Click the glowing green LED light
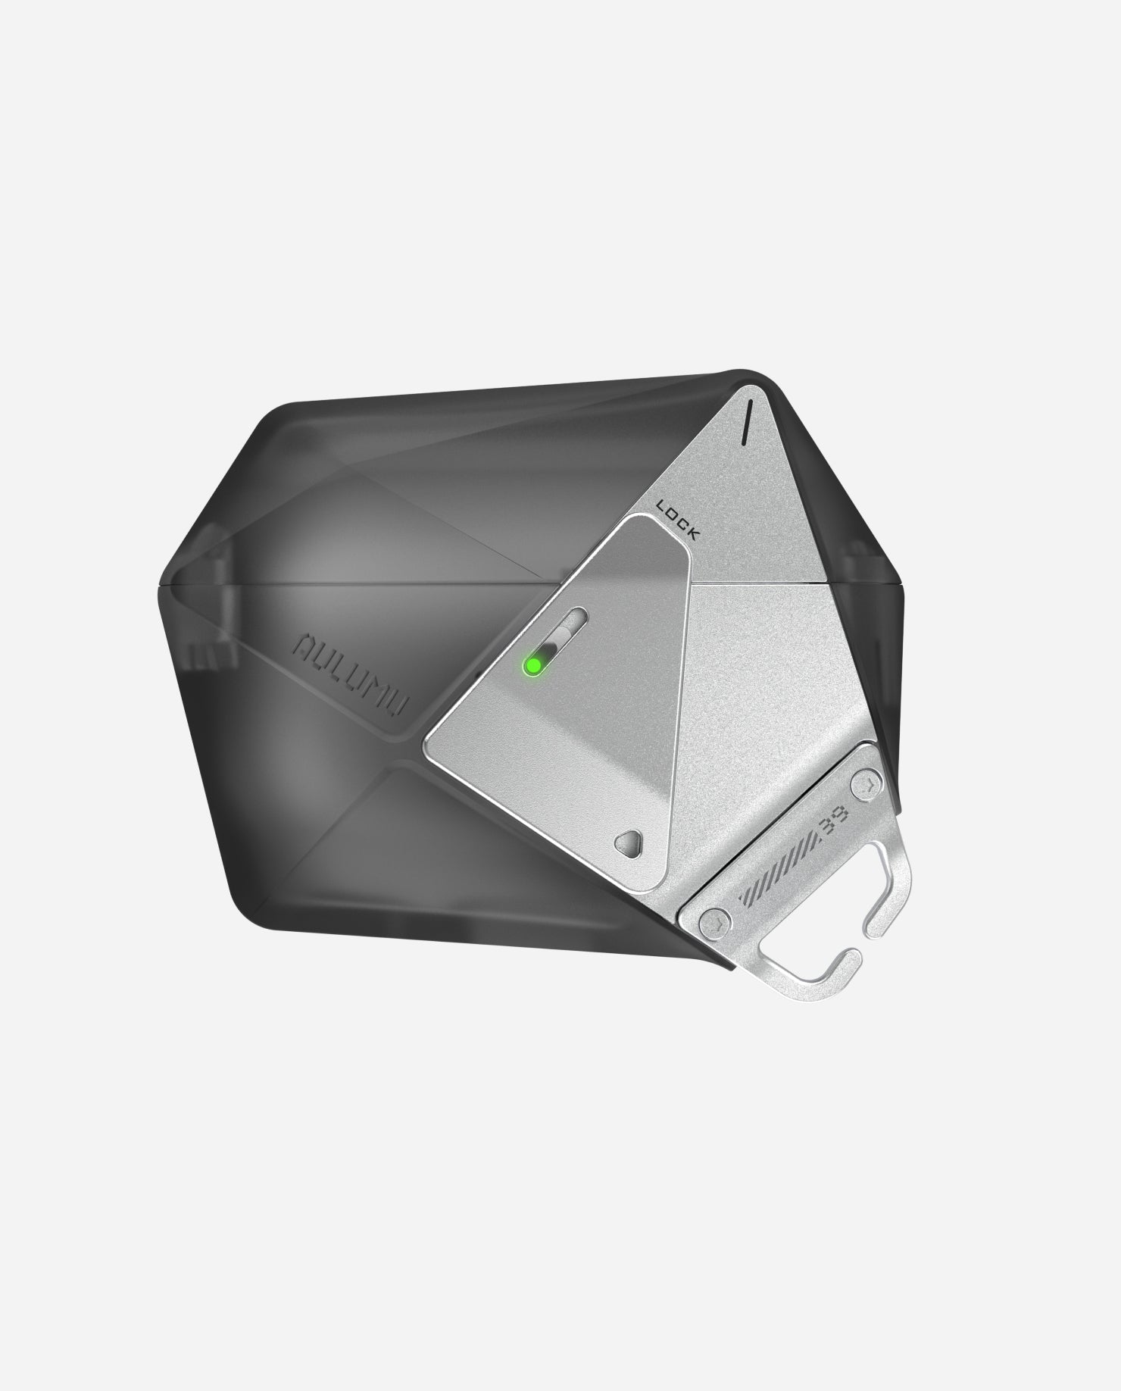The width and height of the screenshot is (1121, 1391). click(533, 665)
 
